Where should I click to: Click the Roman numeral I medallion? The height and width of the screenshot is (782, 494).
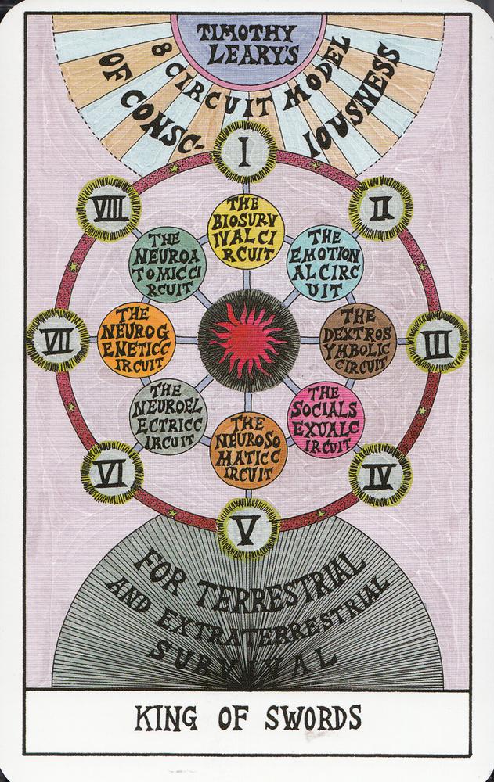tap(245, 152)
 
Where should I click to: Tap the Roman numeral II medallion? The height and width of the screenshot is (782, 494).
tap(381, 208)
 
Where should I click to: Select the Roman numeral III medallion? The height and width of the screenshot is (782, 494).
tap(437, 343)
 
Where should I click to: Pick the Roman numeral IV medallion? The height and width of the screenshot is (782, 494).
tap(380, 475)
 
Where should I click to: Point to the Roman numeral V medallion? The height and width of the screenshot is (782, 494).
tap(247, 529)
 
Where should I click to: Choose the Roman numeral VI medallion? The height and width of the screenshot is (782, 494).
tap(112, 472)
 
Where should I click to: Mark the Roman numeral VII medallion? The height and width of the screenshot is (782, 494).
tap(58, 340)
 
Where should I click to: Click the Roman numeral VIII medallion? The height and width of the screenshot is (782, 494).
tap(108, 209)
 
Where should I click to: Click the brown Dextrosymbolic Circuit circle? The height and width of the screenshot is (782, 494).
tap(358, 341)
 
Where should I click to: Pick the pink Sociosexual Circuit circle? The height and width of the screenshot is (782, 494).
tap(325, 420)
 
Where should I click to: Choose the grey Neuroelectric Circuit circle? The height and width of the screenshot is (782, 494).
tap(168, 417)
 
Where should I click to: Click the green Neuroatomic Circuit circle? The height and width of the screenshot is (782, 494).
tap(168, 264)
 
